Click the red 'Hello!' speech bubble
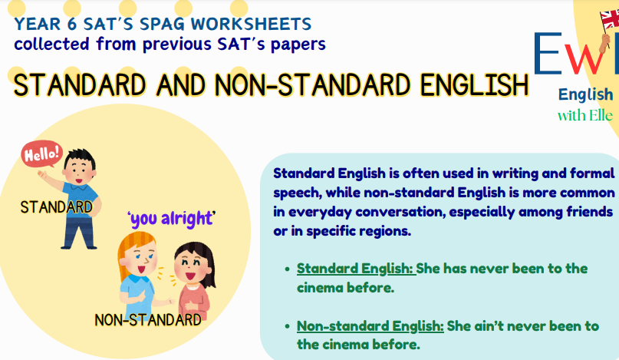[41, 154]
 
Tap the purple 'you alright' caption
[171, 219]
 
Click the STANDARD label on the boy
[56, 207]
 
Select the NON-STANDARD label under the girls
[148, 319]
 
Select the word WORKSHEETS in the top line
[256, 24]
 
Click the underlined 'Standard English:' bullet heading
[356, 269]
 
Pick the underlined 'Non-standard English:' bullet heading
[370, 325]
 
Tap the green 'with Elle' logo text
[584, 116]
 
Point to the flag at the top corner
[609, 17]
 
